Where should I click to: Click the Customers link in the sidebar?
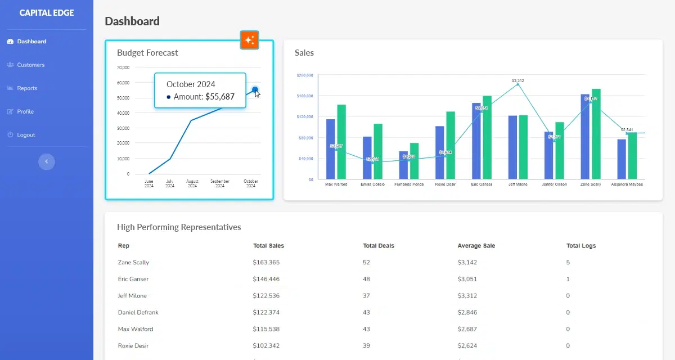pos(30,65)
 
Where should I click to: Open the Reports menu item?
pos(27,88)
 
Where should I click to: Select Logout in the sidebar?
pos(26,135)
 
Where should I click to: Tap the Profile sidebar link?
pos(25,111)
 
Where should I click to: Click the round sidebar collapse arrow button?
pos(47,162)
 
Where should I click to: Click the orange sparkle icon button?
pos(249,40)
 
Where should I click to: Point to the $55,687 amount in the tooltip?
pos(219,97)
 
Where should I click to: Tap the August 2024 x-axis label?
pos(192,183)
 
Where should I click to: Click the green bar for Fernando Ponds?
pos(414,160)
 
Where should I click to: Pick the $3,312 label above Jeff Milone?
pos(518,81)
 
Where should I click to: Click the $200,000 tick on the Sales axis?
pos(304,75)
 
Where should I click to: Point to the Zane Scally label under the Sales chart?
pos(591,184)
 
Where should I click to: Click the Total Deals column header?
pos(379,246)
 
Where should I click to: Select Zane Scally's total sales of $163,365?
pos(266,263)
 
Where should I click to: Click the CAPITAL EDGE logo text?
pos(47,13)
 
